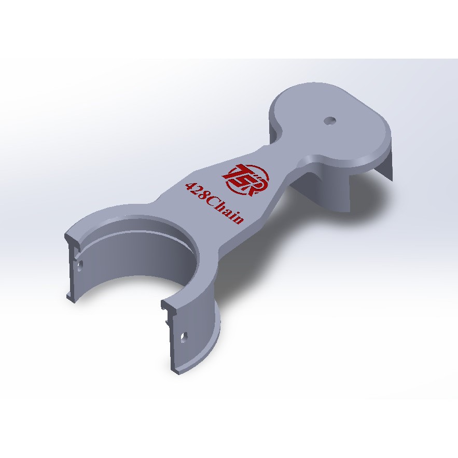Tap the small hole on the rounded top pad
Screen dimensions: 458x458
coord(330,120)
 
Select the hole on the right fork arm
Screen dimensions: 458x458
coord(184,337)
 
